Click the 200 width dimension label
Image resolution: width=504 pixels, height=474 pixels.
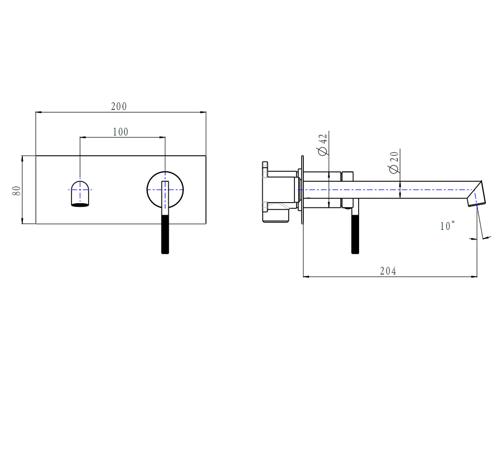pos(119,106)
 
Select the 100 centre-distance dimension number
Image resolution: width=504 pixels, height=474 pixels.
pos(120,132)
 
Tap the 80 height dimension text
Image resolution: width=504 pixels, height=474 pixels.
pos(16,191)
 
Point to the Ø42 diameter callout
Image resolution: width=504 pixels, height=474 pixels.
pos(323,145)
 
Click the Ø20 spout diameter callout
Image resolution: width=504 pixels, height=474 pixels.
pos(394,163)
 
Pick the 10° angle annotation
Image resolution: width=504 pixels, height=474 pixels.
pos(447,226)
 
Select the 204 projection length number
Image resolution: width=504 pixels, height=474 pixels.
pos(388,271)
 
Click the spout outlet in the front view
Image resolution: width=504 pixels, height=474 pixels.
pos(80,194)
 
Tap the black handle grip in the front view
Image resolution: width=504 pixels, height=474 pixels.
pos(165,234)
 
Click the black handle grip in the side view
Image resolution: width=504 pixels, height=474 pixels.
pos(355,234)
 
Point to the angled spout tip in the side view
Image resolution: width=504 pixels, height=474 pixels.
pos(476,194)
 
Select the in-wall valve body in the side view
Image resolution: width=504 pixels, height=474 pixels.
pos(280,192)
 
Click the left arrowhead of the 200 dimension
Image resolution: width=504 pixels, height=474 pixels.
pos(39,112)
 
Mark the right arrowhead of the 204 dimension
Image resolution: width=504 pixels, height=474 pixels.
pos(474,276)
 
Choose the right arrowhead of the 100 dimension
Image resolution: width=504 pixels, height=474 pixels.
pos(162,138)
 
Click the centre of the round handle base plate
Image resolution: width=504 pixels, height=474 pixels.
pos(165,190)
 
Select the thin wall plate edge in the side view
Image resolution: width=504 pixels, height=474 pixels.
pos(302,190)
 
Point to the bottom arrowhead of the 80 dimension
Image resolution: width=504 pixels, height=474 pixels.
pos(22,221)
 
